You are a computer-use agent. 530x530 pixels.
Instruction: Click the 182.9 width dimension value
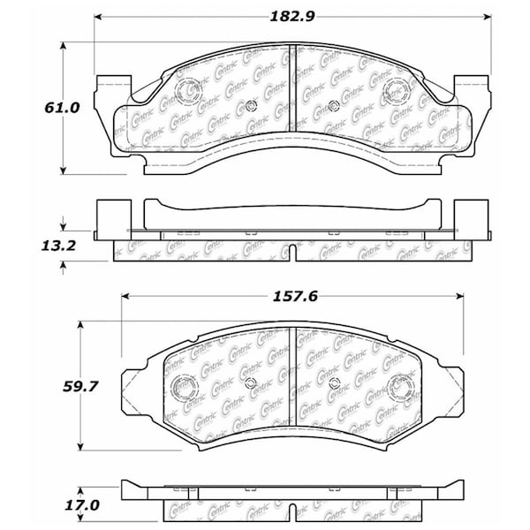pos(291,16)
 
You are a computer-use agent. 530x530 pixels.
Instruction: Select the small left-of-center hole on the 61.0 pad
pos(251,107)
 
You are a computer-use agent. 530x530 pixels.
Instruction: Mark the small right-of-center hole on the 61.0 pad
pos(333,107)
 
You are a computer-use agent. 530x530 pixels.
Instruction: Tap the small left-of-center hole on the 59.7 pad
pos(250,382)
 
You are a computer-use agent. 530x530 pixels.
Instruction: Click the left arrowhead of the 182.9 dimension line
pos(100,17)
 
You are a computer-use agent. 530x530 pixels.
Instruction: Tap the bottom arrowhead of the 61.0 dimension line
pos(63,170)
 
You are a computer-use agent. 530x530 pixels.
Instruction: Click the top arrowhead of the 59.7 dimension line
pos(81,327)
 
